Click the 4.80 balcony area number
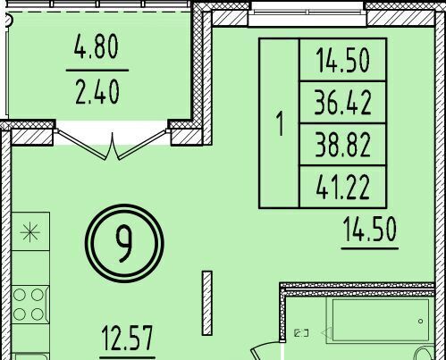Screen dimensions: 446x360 97,46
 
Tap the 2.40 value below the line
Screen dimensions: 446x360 97,93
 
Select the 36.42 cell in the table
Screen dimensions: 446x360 343,103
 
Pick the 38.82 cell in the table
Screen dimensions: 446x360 343,145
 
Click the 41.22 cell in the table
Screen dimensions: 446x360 343,187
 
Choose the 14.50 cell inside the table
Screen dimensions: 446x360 343,60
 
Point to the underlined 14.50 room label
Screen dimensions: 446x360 370,230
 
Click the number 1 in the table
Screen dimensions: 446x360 280,123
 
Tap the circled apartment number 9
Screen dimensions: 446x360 124,243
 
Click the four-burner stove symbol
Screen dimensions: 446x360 29,305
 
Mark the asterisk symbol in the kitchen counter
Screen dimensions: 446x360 29,232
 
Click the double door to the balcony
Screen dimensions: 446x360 112,146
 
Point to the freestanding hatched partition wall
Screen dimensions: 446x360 207,303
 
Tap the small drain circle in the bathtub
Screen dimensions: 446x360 420,321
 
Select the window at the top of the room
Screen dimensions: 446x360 307,13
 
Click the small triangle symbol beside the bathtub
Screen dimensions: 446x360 326,332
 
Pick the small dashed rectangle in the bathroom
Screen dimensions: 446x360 301,333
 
